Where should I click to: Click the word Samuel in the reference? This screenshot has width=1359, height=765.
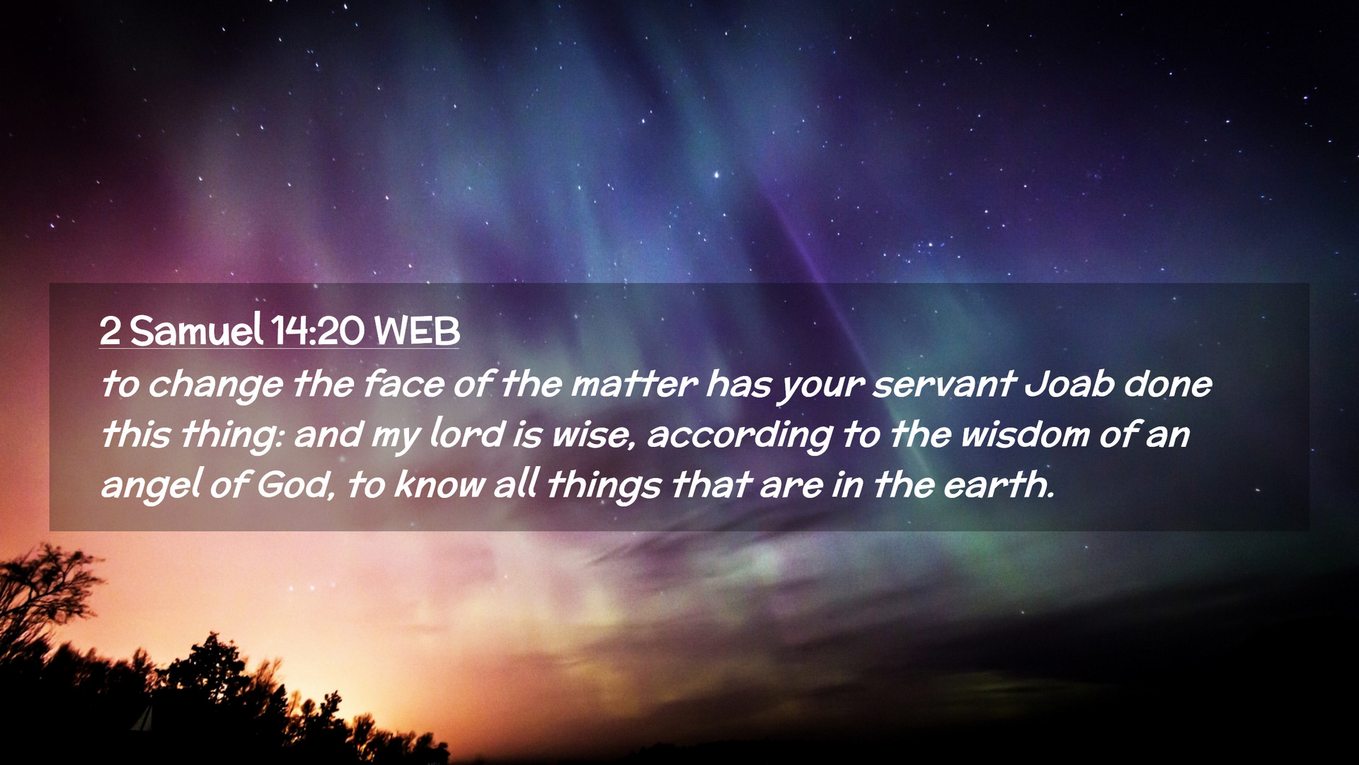(196, 330)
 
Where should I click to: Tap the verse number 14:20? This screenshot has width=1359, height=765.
(318, 331)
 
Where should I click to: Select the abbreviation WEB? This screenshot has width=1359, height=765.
(417, 331)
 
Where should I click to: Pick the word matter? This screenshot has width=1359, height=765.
(633, 385)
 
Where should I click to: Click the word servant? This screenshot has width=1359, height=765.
(944, 385)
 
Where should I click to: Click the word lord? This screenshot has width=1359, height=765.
(467, 434)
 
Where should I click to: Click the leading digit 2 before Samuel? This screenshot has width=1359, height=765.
(110, 331)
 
